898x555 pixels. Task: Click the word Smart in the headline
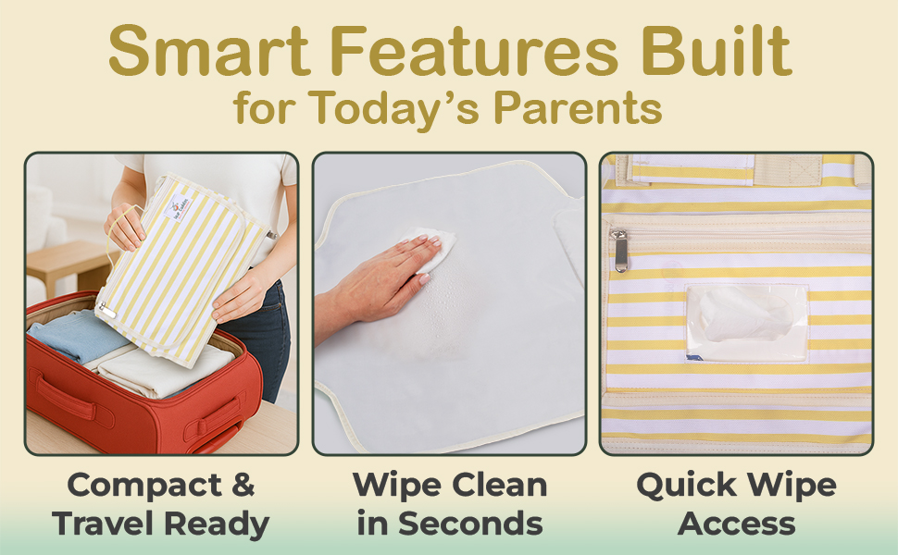[x=209, y=50]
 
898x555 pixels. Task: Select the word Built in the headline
[x=717, y=50]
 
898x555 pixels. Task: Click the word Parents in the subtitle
[x=578, y=107]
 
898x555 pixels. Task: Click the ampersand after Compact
[x=243, y=485]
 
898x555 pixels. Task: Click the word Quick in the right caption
[x=686, y=486]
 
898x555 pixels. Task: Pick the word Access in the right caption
[x=737, y=524]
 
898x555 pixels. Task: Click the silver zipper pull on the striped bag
[x=619, y=250]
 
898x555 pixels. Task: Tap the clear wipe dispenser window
[x=746, y=323]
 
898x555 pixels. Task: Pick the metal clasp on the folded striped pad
[x=106, y=311]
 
